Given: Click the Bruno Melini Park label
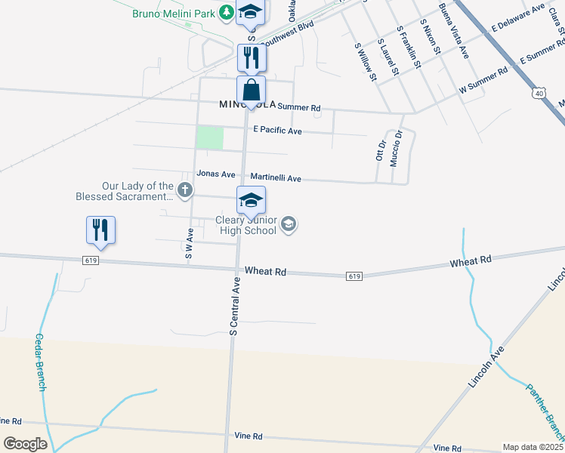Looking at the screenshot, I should point(173,14).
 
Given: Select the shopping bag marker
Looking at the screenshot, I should point(252,91).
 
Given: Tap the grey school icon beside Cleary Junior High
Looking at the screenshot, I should point(288,223).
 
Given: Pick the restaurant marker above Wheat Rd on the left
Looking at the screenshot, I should point(100,230).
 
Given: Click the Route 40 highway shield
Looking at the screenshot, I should point(538,93).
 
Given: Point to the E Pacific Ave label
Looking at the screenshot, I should point(277,131).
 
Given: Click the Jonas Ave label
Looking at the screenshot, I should point(211,174).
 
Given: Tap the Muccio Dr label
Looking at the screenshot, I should point(397,148).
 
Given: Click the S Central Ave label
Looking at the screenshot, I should point(235,305).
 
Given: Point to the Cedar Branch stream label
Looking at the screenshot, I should point(40,362).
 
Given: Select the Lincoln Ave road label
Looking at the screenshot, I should point(486,368).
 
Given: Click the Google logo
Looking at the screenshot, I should point(25,444).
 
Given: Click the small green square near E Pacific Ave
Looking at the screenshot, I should point(210,138).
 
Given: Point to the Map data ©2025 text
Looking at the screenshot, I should point(533,447).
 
